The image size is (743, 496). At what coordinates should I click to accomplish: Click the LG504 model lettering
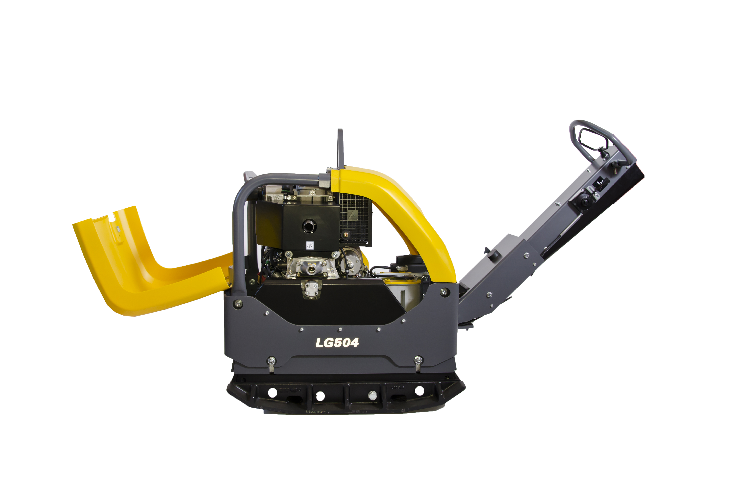click(x=337, y=343)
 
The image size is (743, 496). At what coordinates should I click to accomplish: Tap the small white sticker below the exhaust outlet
click(x=310, y=245)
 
